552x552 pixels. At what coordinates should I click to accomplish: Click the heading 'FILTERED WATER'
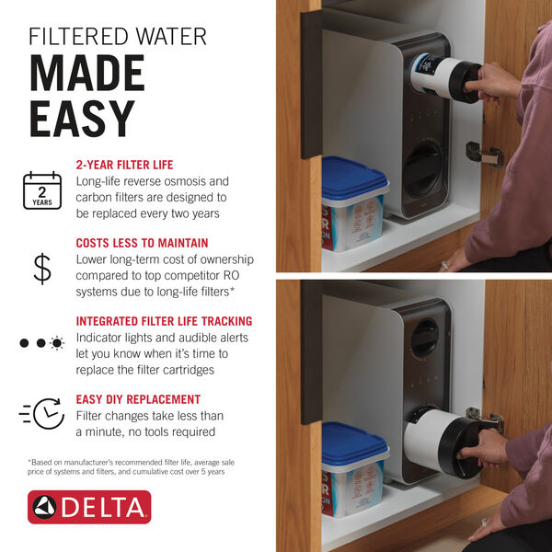pyautogui.click(x=117, y=37)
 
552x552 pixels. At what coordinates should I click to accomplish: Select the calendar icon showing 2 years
pyautogui.click(x=41, y=190)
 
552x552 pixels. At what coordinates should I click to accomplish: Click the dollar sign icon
pyautogui.click(x=42, y=267)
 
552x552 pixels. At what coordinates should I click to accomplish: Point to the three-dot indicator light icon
pyautogui.click(x=42, y=343)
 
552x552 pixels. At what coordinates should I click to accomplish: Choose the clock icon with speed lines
pyautogui.click(x=42, y=416)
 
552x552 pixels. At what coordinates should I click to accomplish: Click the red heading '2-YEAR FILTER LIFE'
pyautogui.click(x=124, y=166)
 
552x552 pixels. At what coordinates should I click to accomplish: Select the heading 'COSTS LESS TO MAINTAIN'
pyautogui.click(x=142, y=243)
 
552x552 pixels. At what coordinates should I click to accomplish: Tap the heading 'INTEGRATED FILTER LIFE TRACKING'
pyautogui.click(x=164, y=321)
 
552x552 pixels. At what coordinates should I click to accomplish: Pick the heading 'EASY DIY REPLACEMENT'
pyautogui.click(x=138, y=399)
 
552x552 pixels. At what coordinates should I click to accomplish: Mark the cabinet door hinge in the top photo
pyautogui.click(x=486, y=155)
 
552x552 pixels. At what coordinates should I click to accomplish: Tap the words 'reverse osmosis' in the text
pyautogui.click(x=167, y=182)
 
